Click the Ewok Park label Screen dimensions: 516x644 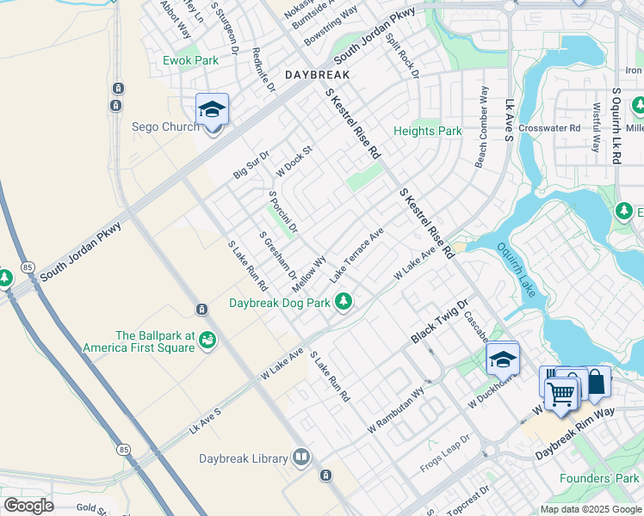191,61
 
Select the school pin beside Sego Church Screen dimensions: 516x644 212,111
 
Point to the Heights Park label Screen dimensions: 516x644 428,132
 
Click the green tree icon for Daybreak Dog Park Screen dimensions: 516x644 344,301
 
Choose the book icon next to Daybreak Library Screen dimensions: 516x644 300,457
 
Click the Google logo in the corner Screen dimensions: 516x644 28,506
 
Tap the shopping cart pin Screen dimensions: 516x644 561,394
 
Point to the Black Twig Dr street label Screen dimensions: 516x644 438,322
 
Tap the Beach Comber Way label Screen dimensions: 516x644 482,126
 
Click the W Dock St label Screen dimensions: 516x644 294,160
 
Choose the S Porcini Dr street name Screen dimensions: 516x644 282,212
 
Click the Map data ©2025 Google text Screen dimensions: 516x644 590,509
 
